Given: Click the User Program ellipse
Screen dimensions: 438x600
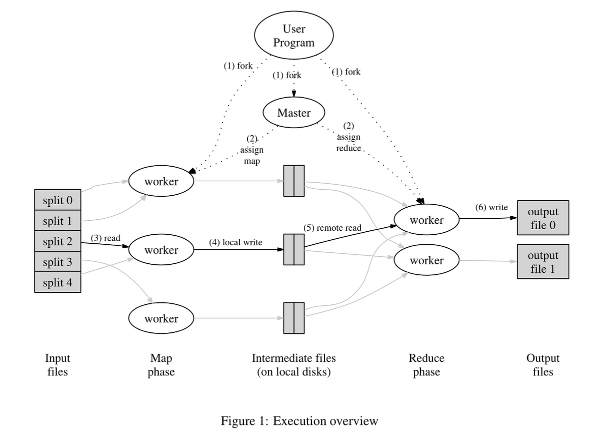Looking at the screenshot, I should (x=293, y=36).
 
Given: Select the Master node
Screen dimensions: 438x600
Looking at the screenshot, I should (x=293, y=113).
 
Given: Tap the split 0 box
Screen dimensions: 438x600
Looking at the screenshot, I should (x=57, y=200).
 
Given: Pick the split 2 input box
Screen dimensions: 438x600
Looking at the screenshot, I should (x=57, y=242).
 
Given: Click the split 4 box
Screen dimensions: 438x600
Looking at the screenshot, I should (x=57, y=283).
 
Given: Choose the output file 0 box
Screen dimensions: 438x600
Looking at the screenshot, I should (x=542, y=218).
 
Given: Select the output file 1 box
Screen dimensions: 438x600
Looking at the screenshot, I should (x=542, y=262).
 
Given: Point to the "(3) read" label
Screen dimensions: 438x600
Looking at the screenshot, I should (x=105, y=238).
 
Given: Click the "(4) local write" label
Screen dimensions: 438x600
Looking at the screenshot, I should (x=235, y=243).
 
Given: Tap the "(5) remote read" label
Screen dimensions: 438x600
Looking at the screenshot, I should (x=332, y=228).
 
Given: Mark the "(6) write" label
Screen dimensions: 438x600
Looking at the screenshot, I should (x=491, y=207).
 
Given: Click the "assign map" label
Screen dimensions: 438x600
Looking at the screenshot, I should (x=251, y=150).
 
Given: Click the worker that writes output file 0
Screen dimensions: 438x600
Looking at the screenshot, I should (x=426, y=220).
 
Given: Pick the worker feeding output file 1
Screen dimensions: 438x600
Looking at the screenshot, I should (x=426, y=260).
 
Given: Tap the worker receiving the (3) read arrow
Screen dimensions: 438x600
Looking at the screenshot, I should (x=161, y=249).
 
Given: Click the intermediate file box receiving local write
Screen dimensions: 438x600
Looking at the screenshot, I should (x=293, y=249).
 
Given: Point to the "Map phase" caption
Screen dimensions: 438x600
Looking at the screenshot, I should (x=161, y=365).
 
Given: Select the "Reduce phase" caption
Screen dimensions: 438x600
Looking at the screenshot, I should (x=426, y=365).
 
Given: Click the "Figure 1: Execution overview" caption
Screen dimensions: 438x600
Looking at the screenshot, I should (x=299, y=421).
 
